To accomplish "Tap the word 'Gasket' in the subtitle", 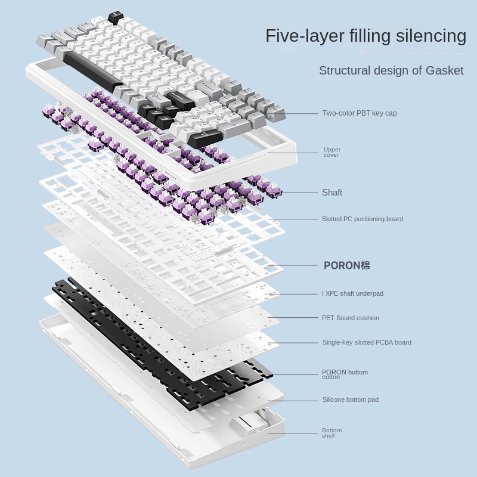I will (x=444, y=70).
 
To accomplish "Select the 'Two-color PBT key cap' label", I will (x=360, y=113).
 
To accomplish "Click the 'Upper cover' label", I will (x=332, y=153).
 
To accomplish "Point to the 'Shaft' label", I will (x=332, y=193).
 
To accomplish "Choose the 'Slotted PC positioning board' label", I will (x=362, y=219).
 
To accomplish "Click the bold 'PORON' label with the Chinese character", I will (x=346, y=265).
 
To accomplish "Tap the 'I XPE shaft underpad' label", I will (x=352, y=293).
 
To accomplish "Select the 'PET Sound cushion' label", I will (x=351, y=318).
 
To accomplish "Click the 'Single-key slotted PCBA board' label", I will (x=367, y=342).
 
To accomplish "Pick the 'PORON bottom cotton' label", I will (x=344, y=374).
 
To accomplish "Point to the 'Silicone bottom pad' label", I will (x=351, y=399).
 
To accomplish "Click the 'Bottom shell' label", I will (x=332, y=433).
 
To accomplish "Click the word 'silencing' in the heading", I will (x=431, y=36).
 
